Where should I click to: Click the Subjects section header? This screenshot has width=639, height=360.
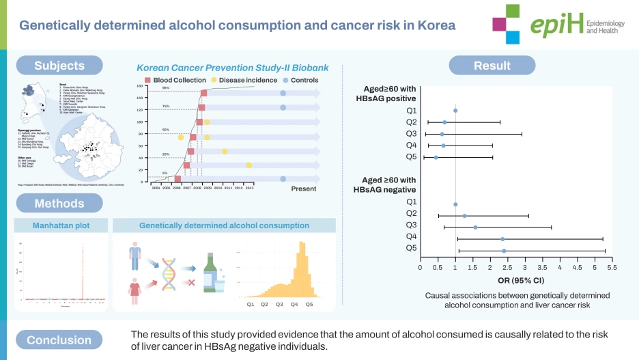[59, 66]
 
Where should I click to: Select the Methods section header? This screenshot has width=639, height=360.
[59, 203]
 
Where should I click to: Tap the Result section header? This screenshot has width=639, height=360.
[492, 66]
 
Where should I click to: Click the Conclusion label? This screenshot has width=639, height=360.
[59, 340]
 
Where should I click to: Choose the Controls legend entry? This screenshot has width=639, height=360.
[300, 80]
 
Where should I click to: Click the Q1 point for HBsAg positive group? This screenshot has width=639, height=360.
[455, 110]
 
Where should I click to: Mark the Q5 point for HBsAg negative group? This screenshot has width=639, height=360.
[504, 251]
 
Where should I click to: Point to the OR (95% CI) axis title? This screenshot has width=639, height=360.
[517, 281]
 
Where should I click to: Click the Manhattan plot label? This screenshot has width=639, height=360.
[61, 225]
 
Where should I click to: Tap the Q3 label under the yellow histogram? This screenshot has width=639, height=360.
[279, 303]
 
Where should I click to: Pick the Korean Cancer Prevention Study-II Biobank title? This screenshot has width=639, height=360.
[232, 68]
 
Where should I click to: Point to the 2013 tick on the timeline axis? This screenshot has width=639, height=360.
[249, 187]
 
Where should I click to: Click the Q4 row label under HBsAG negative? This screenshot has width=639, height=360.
[412, 236]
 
